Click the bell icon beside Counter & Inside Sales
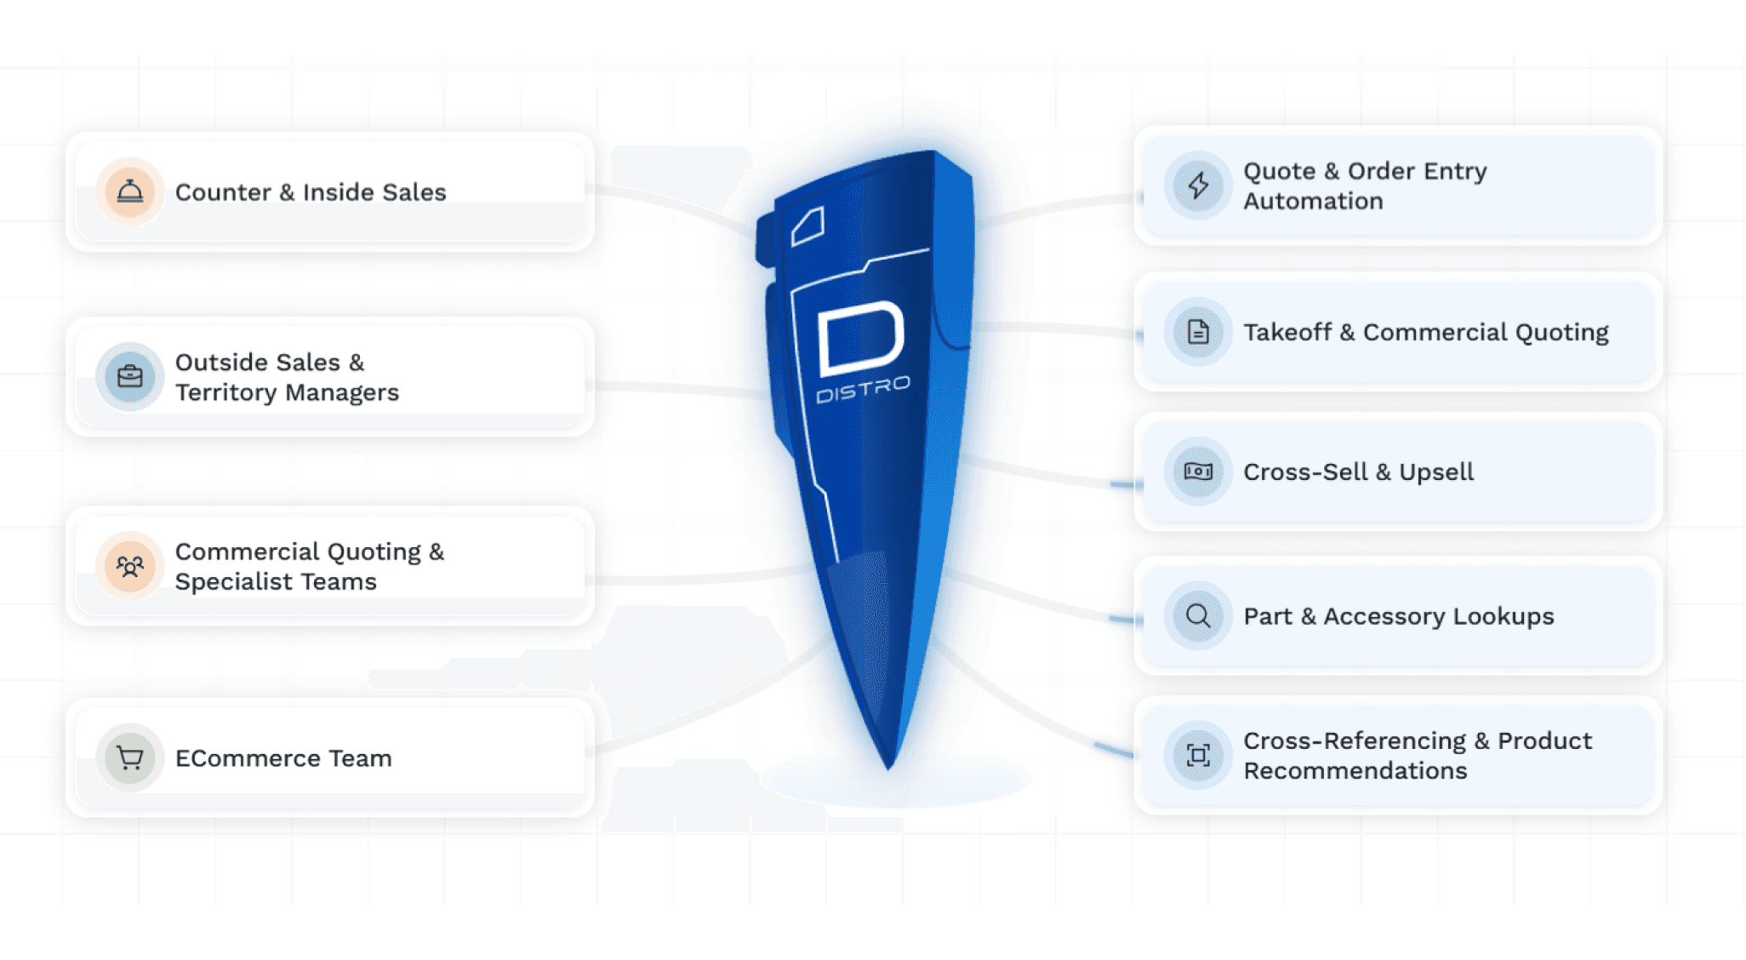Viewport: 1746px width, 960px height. coord(129,191)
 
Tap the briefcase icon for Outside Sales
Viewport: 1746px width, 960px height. coord(129,376)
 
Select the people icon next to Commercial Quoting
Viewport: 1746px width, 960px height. coord(129,566)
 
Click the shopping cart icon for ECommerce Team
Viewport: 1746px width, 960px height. coord(129,757)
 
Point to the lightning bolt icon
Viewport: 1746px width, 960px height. coord(1198,186)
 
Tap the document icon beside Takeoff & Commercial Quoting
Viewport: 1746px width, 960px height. coord(1198,332)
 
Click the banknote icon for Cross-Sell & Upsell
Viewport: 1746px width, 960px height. coord(1198,471)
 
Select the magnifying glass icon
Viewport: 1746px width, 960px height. coord(1198,615)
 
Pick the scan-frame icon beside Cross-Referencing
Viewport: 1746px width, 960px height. coord(1198,755)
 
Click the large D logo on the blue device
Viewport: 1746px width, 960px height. coord(859,339)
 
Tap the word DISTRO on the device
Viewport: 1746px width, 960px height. coord(863,391)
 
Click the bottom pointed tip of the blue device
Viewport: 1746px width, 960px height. coord(888,764)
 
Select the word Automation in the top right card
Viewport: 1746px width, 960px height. coord(1313,202)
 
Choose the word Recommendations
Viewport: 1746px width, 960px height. coord(1355,771)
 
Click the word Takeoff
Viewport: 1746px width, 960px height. coord(1287,333)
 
